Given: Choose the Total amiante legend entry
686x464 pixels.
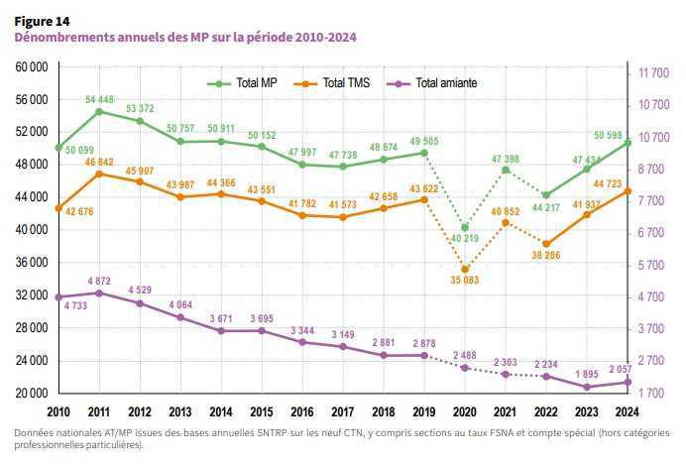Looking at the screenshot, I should point(445,83).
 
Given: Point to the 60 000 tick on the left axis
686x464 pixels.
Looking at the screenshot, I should point(33,67).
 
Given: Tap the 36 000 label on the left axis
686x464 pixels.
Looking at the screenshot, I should point(33,263).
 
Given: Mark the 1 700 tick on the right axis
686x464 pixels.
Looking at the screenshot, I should point(654,394).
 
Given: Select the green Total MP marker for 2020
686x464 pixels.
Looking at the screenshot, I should point(465,227).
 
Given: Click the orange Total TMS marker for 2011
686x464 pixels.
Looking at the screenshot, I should point(99,174).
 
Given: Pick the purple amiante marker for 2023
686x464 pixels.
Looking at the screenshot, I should point(587,387).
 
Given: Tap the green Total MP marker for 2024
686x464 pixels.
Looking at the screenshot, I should point(628,142).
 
